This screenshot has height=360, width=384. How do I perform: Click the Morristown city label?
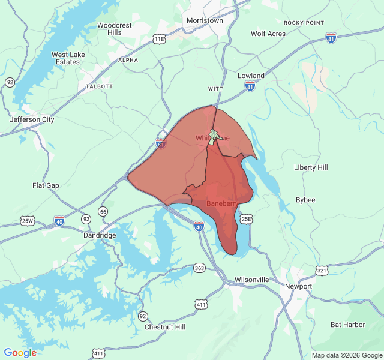(x=205, y=20)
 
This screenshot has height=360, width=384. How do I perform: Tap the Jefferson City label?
(x=32, y=119)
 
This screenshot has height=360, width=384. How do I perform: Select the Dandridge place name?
(x=99, y=235)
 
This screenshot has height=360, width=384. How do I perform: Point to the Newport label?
(x=298, y=286)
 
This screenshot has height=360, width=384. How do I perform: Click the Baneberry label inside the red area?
(x=223, y=204)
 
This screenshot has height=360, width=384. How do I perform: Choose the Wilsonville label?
(x=251, y=280)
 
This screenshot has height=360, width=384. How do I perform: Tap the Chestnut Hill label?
(x=165, y=327)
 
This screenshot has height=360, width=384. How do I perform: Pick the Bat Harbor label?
(x=347, y=325)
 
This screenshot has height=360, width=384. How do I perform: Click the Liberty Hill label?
(x=311, y=167)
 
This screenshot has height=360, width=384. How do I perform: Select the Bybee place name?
(x=305, y=200)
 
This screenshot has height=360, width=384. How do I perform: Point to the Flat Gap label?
(x=46, y=185)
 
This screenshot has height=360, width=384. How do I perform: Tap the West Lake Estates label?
(x=67, y=58)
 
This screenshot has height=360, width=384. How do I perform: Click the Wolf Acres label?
(x=268, y=34)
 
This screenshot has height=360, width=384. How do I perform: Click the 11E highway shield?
(x=158, y=39)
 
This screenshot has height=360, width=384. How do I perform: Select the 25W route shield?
(x=28, y=220)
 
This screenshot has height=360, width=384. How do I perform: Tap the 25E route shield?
(x=247, y=219)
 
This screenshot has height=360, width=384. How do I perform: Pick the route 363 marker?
(x=199, y=268)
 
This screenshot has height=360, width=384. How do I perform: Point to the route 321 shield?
(x=322, y=271)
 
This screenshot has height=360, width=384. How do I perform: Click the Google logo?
(x=20, y=353)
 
